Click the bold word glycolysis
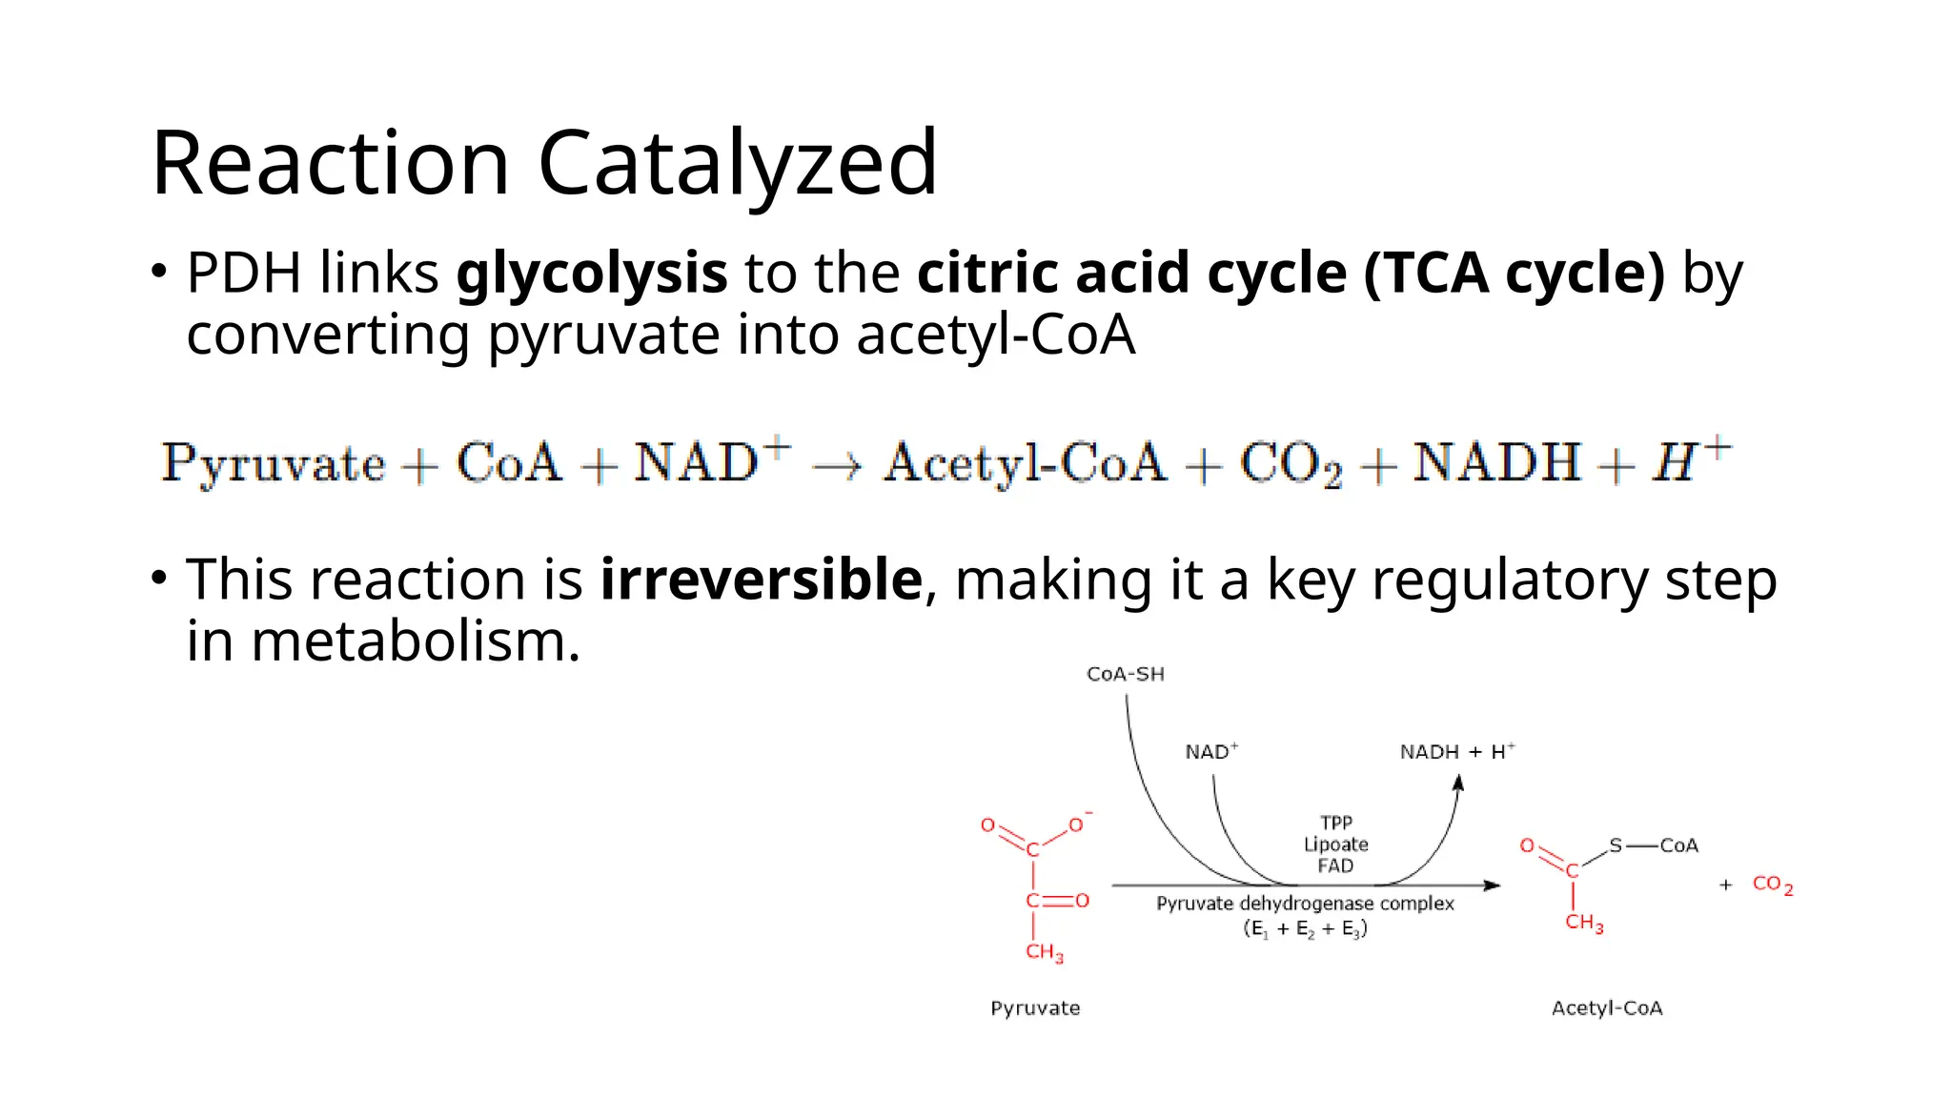pyautogui.click(x=591, y=274)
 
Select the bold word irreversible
pyautogui.click(x=761, y=579)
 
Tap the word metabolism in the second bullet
pyautogui.click(x=415, y=641)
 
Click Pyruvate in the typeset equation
pyautogui.click(x=273, y=464)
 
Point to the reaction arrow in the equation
pyautogui.click(x=837, y=465)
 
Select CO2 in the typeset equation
pyautogui.click(x=1290, y=464)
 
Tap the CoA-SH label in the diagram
pyautogui.click(x=1125, y=675)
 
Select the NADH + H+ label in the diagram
pyautogui.click(x=1456, y=752)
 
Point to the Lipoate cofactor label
pyautogui.click(x=1335, y=844)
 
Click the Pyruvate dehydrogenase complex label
pyautogui.click(x=1305, y=904)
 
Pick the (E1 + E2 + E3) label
pyautogui.click(x=1305, y=929)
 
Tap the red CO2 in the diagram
pyautogui.click(x=1772, y=884)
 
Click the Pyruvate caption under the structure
pyautogui.click(x=1035, y=1008)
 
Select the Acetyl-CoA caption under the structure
pyautogui.click(x=1607, y=1008)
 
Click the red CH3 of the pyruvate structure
pyautogui.click(x=1044, y=952)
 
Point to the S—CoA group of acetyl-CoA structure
pyautogui.click(x=1653, y=845)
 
